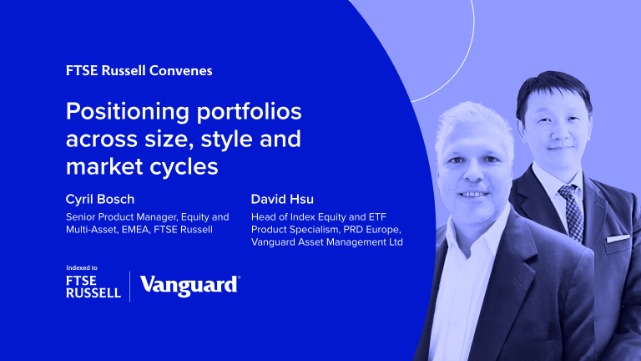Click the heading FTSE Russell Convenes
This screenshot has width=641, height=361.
pos(139,70)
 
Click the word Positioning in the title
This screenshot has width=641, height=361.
pos(128,112)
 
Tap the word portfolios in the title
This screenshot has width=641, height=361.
pos(250,112)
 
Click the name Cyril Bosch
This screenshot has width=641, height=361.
pos(100,200)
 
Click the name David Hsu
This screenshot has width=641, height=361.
pos(282,200)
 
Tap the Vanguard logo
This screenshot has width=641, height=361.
pos(190,285)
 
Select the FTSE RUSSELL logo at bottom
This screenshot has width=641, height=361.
pos(93,287)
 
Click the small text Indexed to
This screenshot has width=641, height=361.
pos(82,267)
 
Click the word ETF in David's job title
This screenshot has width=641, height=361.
pos(378,217)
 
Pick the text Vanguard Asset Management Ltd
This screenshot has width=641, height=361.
pos(327,242)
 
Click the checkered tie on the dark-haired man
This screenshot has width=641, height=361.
pos(572,213)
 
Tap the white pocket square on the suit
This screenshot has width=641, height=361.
pos(618,239)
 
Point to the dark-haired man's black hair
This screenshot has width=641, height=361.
pos(553,87)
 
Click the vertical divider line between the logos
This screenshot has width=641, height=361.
pos(130,287)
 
